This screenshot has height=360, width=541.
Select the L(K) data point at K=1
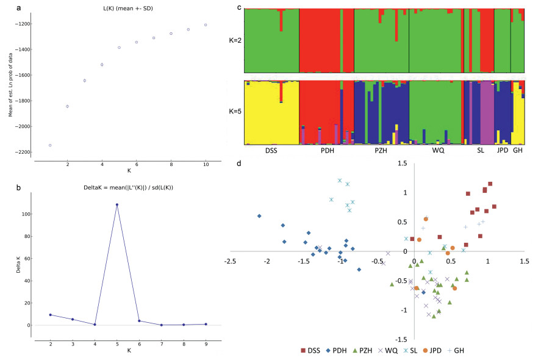(x=50, y=145)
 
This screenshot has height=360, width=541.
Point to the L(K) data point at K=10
(x=206, y=25)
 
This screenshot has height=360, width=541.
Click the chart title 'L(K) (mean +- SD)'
(x=128, y=7)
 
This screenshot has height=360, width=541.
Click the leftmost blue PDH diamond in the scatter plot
(x=259, y=216)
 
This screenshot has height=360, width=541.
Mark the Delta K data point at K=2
(x=50, y=315)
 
